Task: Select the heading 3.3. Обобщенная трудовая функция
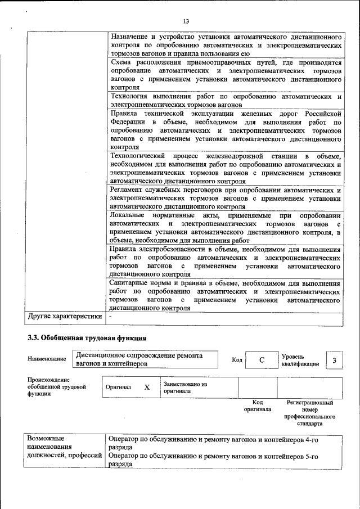pyautogui.click(x=87, y=339)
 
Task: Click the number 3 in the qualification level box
pyautogui.click(x=334, y=361)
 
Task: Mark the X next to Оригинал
pyautogui.click(x=147, y=388)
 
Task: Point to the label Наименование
pyautogui.click(x=44, y=358)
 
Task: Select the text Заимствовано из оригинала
pyautogui.click(x=185, y=388)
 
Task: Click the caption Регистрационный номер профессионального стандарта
pyautogui.click(x=310, y=413)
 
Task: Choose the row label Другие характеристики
pyautogui.click(x=65, y=317)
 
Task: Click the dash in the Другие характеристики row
pyautogui.click(x=111, y=317)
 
